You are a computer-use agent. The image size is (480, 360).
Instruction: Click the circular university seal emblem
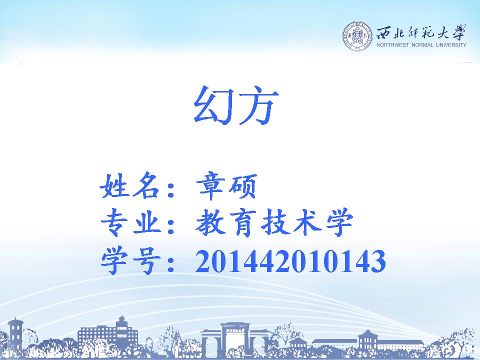pos(357,36)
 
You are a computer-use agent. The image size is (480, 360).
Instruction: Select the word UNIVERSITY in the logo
pos(451,45)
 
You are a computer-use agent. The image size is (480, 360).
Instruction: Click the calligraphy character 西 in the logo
pos(384,32)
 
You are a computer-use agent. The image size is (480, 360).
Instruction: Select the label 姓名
pos(130,185)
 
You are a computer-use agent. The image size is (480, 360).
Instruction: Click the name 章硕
pos(226,186)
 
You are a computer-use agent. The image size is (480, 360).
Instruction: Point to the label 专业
pos(131,222)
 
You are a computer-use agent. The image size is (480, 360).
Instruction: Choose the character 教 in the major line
pos(210,222)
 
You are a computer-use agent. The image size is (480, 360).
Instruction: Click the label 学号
pos(131,260)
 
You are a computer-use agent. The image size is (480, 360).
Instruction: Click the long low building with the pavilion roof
pos(367,342)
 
